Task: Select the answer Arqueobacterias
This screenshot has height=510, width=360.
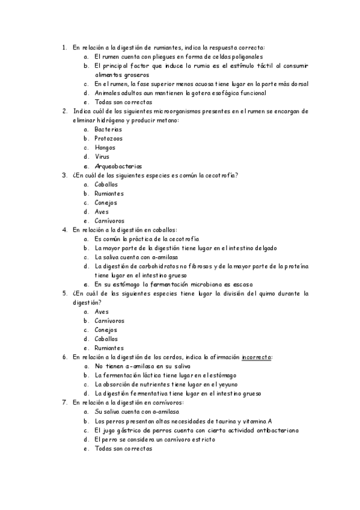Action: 118,166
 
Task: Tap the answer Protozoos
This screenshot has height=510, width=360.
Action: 108,138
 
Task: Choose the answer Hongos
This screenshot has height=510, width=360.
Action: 106,147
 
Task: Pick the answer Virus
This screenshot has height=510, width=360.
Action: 102,156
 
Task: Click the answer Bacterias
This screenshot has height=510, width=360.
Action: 108,129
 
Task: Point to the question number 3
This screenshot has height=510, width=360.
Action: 64,175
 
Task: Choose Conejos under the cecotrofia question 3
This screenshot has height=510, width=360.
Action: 106,203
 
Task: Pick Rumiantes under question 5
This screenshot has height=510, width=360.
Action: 109,348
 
